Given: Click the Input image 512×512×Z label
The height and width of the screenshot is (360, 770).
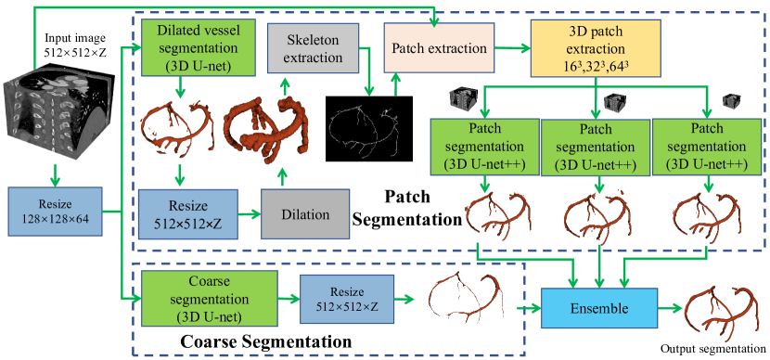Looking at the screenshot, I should pyautogui.click(x=74, y=44).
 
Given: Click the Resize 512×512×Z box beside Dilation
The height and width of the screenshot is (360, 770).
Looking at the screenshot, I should pyautogui.click(x=187, y=214).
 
